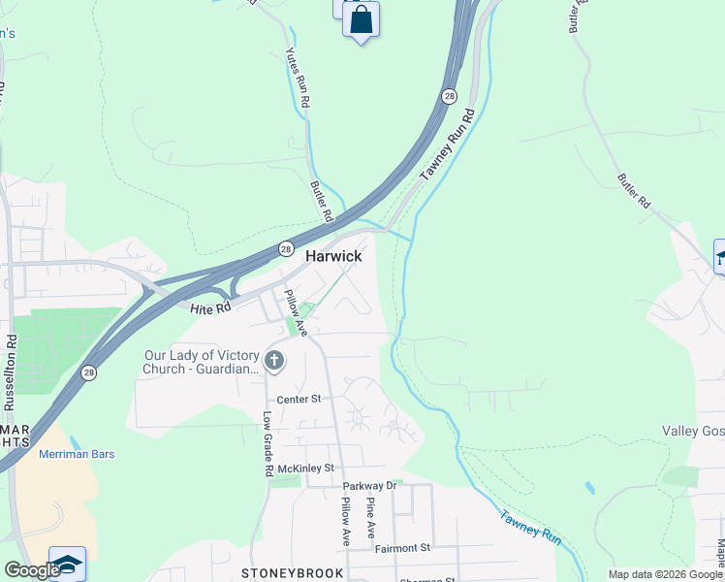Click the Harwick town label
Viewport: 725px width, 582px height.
click(x=333, y=256)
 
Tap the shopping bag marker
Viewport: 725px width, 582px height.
click(x=361, y=20)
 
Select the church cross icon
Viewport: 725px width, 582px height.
click(x=274, y=362)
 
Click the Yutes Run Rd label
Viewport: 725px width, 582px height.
click(x=298, y=79)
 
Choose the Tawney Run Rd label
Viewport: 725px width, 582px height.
click(x=448, y=145)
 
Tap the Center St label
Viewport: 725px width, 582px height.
click(x=299, y=399)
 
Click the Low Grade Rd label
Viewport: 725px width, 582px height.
click(x=268, y=443)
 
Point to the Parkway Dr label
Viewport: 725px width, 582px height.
click(x=370, y=485)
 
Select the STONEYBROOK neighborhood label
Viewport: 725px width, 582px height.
click(x=294, y=573)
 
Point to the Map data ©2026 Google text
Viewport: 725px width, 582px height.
click(x=664, y=574)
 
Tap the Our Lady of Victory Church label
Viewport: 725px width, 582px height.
click(x=202, y=362)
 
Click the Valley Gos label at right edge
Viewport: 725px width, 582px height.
click(x=693, y=431)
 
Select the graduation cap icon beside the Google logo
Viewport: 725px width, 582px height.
click(x=67, y=565)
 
